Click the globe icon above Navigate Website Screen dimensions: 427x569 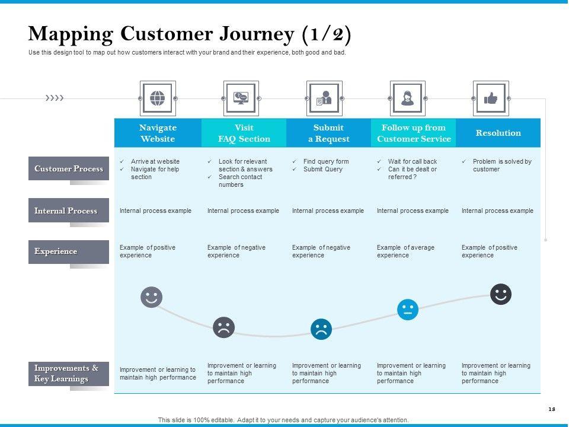coord(158,98)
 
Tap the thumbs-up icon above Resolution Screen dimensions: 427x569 coord(491,98)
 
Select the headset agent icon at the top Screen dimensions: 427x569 coord(407,98)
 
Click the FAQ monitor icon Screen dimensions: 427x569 coord(241,98)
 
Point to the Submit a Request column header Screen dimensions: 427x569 coord(328,133)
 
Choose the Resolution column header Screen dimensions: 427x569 coord(498,133)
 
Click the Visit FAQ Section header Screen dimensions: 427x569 coord(244,133)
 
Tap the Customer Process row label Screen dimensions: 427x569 coord(69,168)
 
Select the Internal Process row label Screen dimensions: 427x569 coord(69,211)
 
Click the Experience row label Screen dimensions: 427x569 coord(69,251)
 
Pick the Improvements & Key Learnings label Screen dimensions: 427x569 coord(69,374)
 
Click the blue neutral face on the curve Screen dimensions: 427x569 coord(408,310)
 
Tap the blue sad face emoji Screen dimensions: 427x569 coord(321,329)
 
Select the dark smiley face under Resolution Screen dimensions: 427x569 coord(501,294)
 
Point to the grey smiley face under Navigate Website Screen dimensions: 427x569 coord(151,297)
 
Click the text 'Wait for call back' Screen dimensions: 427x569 coord(413,161)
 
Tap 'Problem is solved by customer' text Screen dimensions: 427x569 coord(501,165)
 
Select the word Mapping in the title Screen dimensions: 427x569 coord(71,34)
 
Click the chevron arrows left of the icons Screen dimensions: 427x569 coord(55,98)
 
